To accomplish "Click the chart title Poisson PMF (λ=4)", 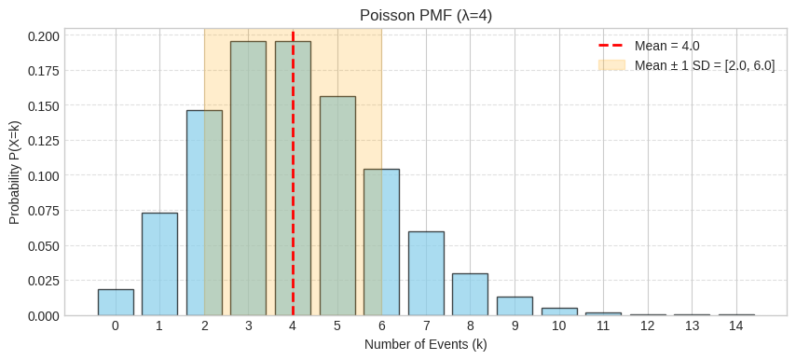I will point(425,15).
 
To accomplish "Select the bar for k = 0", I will point(116,302).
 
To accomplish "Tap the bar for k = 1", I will point(159,264).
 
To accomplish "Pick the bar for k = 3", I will point(249,178).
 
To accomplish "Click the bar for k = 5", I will point(337,205).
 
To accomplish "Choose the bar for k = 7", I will point(426,273).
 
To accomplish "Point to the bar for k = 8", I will point(470,295).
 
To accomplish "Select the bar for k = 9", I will point(515,306).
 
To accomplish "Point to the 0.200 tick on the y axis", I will point(43,36).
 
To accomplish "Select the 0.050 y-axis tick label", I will point(43,245).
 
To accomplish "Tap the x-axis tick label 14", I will point(736,326).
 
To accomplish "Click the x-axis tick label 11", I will point(603,326).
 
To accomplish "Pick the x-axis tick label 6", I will point(381,326).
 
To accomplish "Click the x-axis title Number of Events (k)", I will point(425,344).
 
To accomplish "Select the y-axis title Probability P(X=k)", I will point(14,173).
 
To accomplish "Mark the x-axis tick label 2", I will point(204,326).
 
